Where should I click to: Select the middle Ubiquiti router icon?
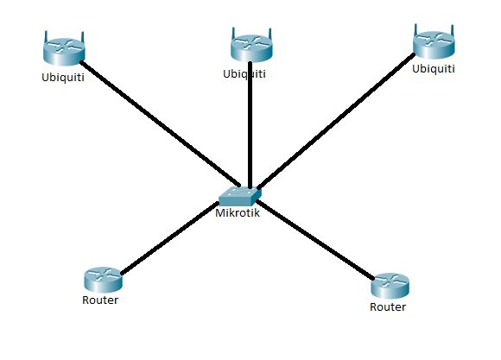250,47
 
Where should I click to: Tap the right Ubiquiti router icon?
434,43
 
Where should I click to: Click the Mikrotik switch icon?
238,197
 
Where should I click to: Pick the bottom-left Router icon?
102,280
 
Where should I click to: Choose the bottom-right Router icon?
390,285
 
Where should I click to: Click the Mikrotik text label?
238,214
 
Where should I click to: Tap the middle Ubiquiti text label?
244,74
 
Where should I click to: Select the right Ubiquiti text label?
434,68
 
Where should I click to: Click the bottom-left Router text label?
99,301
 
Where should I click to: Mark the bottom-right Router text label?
388,307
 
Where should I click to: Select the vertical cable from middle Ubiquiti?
250,129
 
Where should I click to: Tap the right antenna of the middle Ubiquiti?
269,34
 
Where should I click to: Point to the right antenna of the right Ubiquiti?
452,30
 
